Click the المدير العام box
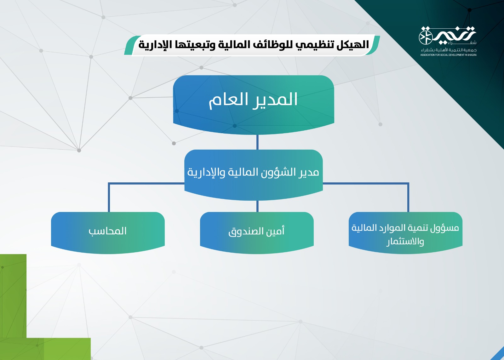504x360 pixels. tap(254, 105)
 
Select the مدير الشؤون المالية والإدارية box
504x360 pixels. tap(254, 175)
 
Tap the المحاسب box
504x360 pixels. tap(108, 233)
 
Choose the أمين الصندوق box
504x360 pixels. tap(257, 233)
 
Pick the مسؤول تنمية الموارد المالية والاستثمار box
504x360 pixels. tap(405, 233)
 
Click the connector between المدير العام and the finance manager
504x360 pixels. tap(257, 142)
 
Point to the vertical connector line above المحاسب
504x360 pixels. tap(109, 197)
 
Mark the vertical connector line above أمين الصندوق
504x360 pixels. tap(257, 206)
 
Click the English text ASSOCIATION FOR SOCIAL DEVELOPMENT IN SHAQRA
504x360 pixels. tap(449, 55)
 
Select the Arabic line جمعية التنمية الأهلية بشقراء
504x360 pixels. tap(449, 50)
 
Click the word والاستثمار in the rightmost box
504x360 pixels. tap(405, 242)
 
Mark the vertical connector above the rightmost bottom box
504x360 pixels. tap(408, 197)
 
